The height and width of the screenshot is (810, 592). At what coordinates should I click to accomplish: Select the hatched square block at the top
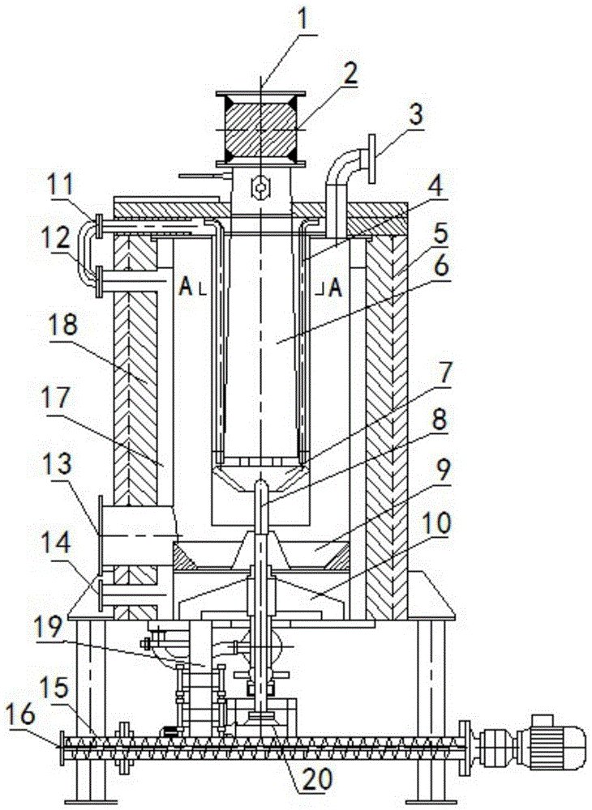[x=262, y=130]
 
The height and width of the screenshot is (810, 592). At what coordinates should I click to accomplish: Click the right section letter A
[x=336, y=288]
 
